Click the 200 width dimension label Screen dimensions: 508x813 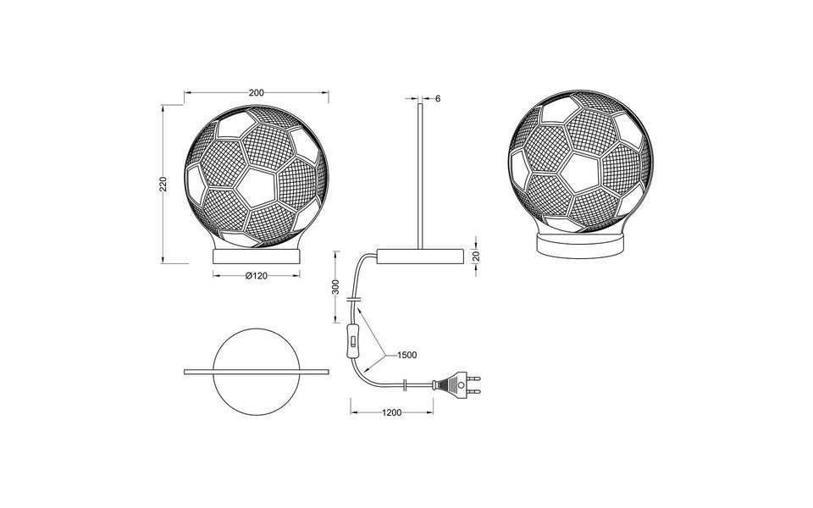coord(257,92)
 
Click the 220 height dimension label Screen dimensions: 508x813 coord(164,184)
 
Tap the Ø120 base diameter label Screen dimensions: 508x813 coord(257,276)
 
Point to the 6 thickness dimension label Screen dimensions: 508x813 coord(438,98)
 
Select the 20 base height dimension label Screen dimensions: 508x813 coord(477,257)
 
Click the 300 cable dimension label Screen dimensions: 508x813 coord(336,288)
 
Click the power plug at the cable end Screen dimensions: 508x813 coord(454,387)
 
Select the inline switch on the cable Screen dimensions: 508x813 coord(352,343)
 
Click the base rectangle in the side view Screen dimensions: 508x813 coord(421,257)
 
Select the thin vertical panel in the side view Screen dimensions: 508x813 coord(419,174)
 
